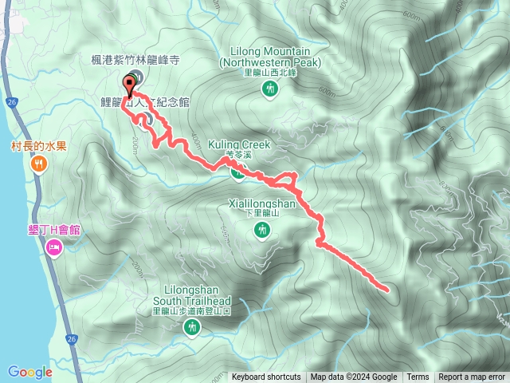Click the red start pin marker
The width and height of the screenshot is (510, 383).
pyautogui.click(x=129, y=82)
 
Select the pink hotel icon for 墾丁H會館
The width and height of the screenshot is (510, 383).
pyautogui.click(x=53, y=249)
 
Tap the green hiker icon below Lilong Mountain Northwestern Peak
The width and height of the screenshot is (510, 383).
pyautogui.click(x=269, y=90)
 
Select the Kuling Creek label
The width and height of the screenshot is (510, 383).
pyautogui.click(x=240, y=145)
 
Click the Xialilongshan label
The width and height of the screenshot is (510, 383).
pyautogui.click(x=261, y=204)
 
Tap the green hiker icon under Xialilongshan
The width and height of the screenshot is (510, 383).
pyautogui.click(x=261, y=231)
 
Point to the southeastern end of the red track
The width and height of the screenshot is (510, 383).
pyautogui.click(x=386, y=289)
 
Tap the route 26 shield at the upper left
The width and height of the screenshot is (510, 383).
pyautogui.click(x=10, y=80)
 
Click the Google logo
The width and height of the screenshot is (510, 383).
pyautogui.click(x=29, y=372)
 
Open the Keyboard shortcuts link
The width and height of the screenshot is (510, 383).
pyautogui.click(x=266, y=377)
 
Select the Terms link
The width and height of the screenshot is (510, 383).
pyautogui.click(x=418, y=377)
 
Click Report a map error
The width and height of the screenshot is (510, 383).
pyautogui.click(x=472, y=377)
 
